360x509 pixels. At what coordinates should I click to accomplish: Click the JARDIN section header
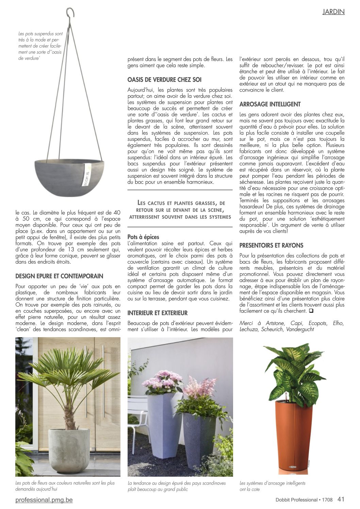(x=333, y=12)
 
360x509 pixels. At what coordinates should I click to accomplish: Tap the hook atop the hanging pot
(x=70, y=13)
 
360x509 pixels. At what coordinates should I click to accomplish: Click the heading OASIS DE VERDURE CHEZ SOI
(x=164, y=80)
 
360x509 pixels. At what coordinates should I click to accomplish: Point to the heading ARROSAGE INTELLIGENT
(x=270, y=104)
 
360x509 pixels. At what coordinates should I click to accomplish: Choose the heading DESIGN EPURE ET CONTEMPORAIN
(x=59, y=276)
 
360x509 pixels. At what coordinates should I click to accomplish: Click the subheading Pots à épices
(x=143, y=237)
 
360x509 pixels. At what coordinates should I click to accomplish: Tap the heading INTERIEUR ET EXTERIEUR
(x=158, y=313)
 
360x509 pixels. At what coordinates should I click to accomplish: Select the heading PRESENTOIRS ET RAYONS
(x=271, y=245)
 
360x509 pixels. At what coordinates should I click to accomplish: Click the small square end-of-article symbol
(x=311, y=311)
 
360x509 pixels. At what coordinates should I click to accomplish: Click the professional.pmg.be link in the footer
(x=44, y=500)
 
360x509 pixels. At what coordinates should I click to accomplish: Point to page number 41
(x=341, y=499)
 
